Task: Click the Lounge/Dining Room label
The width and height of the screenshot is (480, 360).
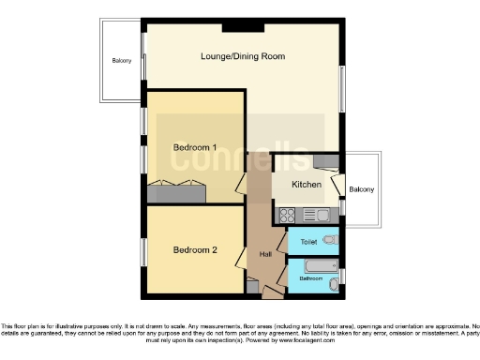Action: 242,56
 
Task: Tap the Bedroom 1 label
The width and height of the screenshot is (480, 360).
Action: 195,148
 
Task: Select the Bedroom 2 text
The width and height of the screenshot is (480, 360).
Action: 195,250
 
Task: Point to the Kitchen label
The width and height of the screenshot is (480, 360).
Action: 307,186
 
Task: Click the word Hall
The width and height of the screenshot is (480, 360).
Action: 265,252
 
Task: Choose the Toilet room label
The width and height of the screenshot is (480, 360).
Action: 308,242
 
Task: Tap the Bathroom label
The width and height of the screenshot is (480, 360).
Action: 310,278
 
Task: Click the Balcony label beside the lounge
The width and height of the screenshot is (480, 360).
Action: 122,62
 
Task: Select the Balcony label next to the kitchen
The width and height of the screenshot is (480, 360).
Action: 361,190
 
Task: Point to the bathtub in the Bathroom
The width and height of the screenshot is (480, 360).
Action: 317,267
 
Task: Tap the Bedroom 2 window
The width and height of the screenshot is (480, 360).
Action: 143,251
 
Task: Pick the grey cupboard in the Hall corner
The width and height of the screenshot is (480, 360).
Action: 251,287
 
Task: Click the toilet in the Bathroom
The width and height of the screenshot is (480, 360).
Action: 336,277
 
